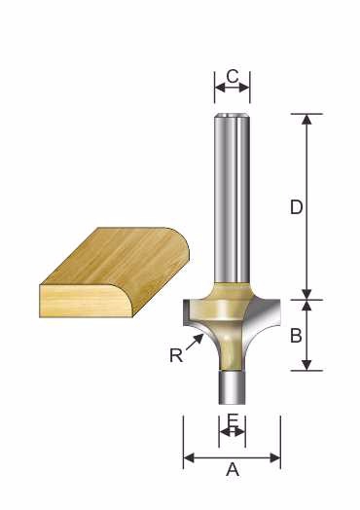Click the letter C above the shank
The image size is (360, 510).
(x=233, y=77)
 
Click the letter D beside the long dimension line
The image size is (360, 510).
(x=296, y=207)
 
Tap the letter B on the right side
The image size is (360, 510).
(x=296, y=336)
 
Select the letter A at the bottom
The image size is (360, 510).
(x=233, y=470)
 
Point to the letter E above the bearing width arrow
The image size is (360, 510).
(x=233, y=420)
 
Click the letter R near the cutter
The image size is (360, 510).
(x=176, y=355)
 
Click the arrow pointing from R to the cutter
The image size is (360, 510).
(x=196, y=343)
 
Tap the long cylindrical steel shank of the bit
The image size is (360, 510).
(x=232, y=199)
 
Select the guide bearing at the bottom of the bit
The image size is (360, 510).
(x=232, y=387)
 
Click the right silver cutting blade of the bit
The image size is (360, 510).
(x=264, y=317)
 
